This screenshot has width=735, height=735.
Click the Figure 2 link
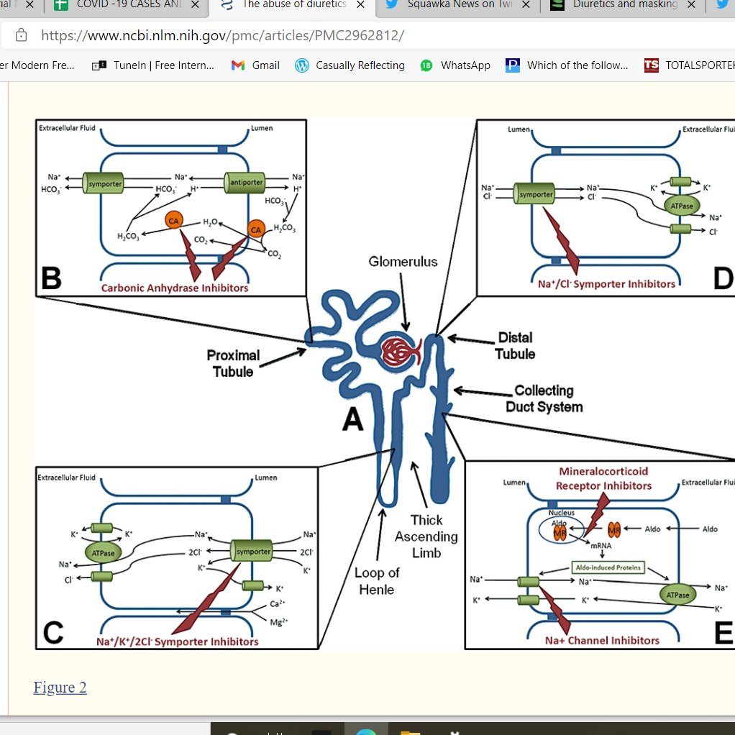pos(60,688)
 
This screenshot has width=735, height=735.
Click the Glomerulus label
pos(403,262)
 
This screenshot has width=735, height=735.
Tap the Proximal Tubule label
pos(233,363)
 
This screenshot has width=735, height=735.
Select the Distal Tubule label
pos(514,345)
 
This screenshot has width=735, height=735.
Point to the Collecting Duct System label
pos(544,398)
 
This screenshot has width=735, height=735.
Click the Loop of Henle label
pos(377,581)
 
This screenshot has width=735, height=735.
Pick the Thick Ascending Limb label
pos(426,536)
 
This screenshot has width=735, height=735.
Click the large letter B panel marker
pos(52,278)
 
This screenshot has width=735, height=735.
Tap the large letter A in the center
pos(352,418)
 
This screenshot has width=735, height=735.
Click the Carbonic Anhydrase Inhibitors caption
pos(175,288)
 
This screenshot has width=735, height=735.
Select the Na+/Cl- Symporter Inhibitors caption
pos(606,284)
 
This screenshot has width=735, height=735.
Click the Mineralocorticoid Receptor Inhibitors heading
pos(603,478)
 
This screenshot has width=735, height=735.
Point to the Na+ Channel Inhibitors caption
pos(602,640)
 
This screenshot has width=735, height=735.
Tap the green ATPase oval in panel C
pos(104,552)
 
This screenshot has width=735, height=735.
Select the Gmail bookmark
pos(256,65)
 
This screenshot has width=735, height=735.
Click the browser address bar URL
pos(222,35)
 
